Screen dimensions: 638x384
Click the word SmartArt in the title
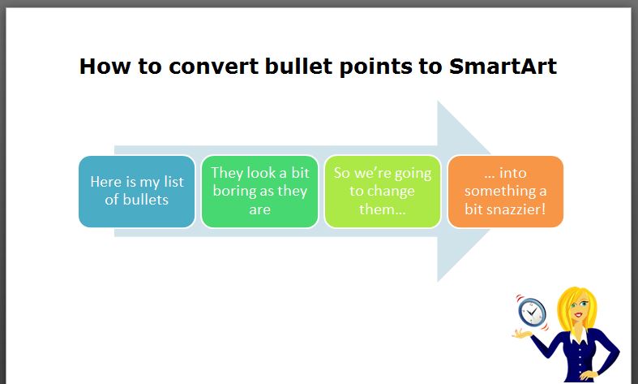coord(503,66)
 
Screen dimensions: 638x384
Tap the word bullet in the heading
coord(298,66)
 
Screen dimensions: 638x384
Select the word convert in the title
coord(213,67)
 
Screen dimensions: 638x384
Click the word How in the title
coord(105,66)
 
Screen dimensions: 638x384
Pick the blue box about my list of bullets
coord(137,192)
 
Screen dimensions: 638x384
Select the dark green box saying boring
coord(259,192)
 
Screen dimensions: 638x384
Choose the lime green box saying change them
coord(383,192)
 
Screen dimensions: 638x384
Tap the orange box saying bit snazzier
coord(505,192)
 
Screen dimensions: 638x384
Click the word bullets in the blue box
coord(146,200)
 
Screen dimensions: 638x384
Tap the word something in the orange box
coord(500,191)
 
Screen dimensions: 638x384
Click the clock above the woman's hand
coord(532,313)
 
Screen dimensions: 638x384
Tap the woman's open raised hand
coord(522,334)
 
